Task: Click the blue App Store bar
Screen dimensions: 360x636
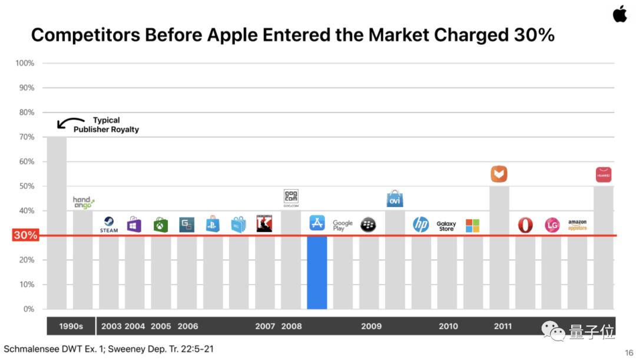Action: (x=317, y=272)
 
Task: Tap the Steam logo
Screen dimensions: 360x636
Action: (x=109, y=224)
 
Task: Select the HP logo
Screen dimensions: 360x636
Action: (x=420, y=224)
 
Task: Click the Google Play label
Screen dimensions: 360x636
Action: (x=343, y=225)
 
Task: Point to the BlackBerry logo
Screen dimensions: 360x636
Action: (x=368, y=224)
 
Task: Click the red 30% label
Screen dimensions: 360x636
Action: (x=25, y=235)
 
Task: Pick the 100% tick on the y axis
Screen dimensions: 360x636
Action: (x=25, y=63)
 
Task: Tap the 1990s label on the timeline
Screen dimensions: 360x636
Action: (x=71, y=326)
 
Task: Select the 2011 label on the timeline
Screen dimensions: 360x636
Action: (x=502, y=326)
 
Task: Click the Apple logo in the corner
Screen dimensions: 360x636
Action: (x=620, y=14)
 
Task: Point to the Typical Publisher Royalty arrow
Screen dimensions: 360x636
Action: (x=69, y=121)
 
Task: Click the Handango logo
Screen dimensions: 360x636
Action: (x=83, y=203)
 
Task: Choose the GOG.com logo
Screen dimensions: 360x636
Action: (x=291, y=198)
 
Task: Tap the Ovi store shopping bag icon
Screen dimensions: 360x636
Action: (x=395, y=199)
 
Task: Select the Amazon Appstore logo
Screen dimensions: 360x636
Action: (x=577, y=225)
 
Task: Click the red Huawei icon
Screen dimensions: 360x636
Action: (x=604, y=174)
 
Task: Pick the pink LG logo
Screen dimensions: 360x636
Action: (x=552, y=225)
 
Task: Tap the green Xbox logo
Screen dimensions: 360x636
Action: (x=161, y=225)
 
